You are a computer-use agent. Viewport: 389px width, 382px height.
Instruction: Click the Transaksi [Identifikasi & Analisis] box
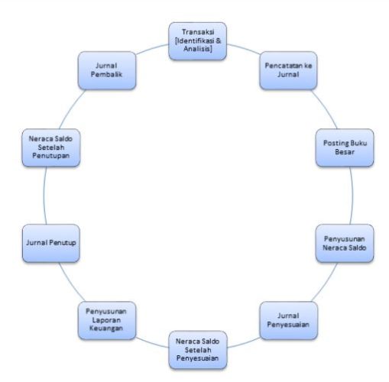[x=198, y=41]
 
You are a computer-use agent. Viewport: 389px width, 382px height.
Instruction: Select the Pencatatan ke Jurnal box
[x=288, y=70]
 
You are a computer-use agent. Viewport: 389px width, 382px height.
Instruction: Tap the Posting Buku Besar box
[x=345, y=147]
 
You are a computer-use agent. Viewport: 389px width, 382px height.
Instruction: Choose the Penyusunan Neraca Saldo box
[x=345, y=244]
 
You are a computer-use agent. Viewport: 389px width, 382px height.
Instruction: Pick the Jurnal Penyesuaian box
[x=289, y=321]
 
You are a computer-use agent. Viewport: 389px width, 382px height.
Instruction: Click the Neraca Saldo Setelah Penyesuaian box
[x=198, y=350]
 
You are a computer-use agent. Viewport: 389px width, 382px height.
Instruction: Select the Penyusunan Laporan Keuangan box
[x=107, y=321]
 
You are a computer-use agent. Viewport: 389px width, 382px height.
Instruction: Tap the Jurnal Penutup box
[x=51, y=244]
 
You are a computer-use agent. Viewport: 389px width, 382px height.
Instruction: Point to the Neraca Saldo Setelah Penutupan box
[x=51, y=147]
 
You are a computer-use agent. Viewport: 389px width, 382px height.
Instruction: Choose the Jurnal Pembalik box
[x=107, y=70]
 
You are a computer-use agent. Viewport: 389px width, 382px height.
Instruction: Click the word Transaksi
[x=198, y=32]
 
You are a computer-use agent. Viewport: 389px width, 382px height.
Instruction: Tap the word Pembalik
[x=106, y=74]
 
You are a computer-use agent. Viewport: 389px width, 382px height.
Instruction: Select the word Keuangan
[x=106, y=329]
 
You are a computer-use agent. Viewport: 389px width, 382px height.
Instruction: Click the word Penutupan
[x=51, y=156]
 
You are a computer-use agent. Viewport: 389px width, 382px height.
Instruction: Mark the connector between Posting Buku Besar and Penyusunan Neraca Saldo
[x=352, y=196]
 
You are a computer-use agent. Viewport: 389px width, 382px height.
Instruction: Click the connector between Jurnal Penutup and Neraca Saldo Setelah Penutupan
[x=44, y=196]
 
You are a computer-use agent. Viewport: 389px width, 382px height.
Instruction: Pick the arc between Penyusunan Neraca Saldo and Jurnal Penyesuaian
[x=326, y=283]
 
